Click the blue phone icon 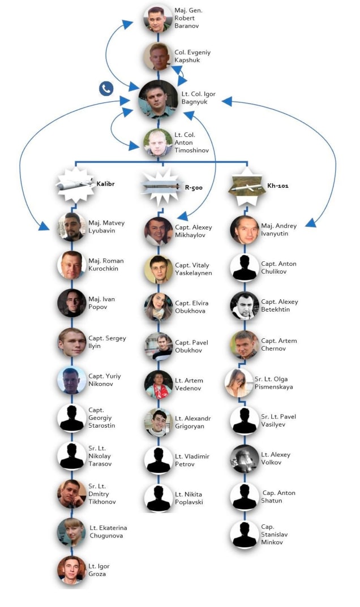pos(106,88)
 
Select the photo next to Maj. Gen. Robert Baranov pos(158,19)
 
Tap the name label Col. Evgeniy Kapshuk pos(192,56)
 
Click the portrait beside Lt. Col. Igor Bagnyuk pos(158,100)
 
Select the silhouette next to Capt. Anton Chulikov pos(245,268)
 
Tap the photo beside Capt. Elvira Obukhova pos(158,307)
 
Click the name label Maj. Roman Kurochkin pos(106,265)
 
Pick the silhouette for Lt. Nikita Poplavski pos(158,498)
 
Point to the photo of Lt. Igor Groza pos(72,570)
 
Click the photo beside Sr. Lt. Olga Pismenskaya pos(239,383)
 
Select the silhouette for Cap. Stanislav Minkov pos(245,534)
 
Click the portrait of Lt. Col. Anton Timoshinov pos(158,143)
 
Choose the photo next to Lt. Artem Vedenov pos(158,385)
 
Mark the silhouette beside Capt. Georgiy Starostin pos(72,418)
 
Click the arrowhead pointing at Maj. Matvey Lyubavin pos(44,227)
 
